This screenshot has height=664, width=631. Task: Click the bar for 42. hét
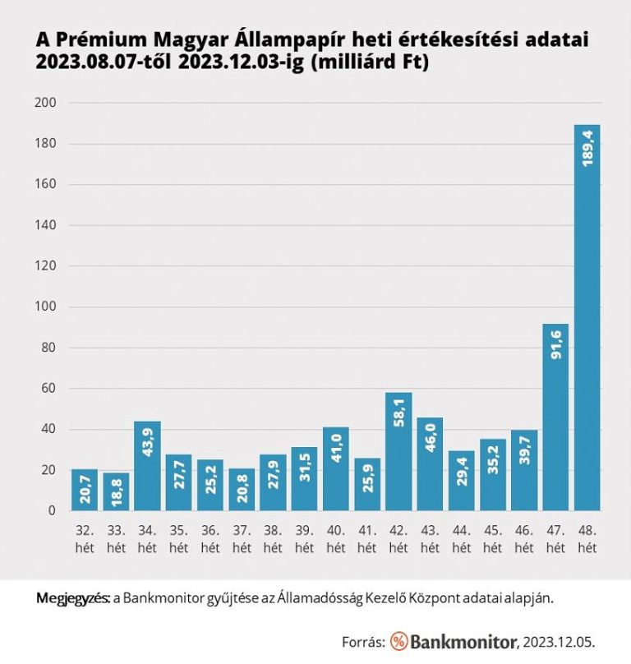click(x=398, y=451)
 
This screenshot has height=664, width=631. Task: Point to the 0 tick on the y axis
click(x=51, y=510)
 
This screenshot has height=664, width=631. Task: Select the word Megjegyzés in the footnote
click(x=72, y=597)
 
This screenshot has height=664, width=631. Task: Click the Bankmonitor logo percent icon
click(x=399, y=641)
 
